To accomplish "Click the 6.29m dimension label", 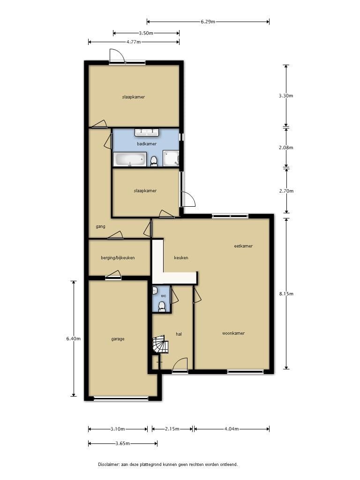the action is [x=208, y=22].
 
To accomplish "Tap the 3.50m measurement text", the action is [x=146, y=33].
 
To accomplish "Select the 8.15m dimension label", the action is [x=286, y=294].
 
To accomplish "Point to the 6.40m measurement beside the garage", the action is [x=74, y=338].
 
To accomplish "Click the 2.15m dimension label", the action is [x=172, y=429].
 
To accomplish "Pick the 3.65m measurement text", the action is [x=122, y=443].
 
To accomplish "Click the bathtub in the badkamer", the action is [x=130, y=159].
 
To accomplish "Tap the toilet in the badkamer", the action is [x=154, y=161].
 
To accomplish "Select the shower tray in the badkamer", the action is [x=171, y=158].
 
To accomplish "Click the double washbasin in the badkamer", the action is [x=147, y=132].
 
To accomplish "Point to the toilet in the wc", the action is [x=162, y=307].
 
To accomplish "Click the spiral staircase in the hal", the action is [x=160, y=345].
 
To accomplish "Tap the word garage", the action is [x=118, y=339].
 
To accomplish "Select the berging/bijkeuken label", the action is [x=118, y=258].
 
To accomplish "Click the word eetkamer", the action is [x=243, y=246].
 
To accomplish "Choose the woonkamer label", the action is [x=233, y=333].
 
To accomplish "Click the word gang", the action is [x=100, y=226].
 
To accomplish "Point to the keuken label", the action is [x=181, y=258].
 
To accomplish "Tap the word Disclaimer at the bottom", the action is [x=109, y=465].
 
